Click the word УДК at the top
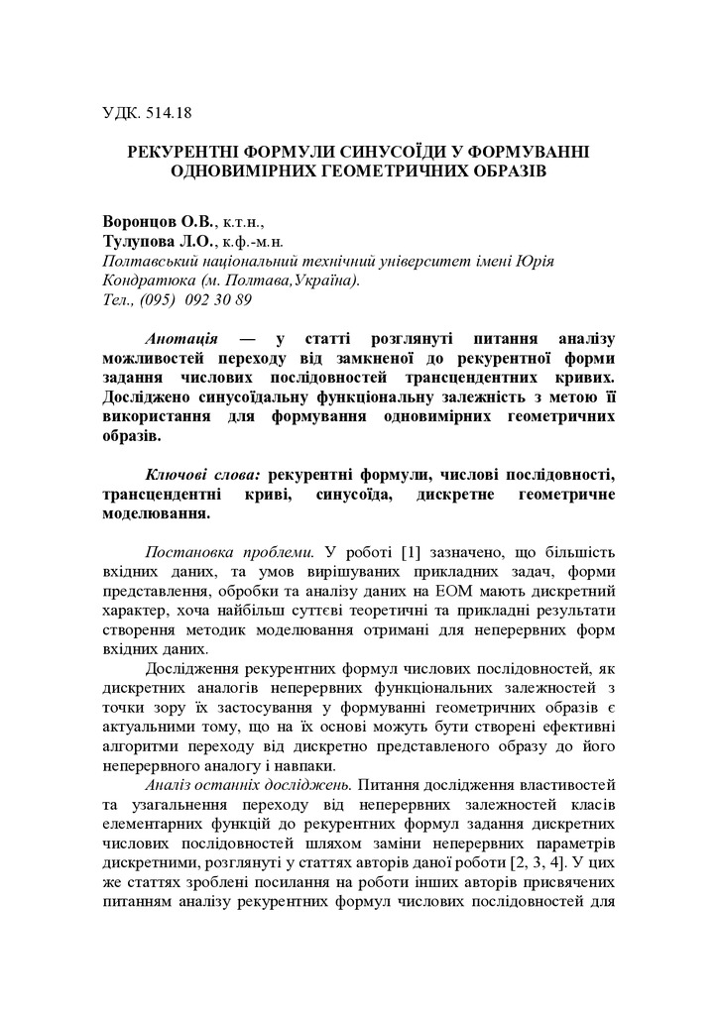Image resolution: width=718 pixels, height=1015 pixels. point(122,113)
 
